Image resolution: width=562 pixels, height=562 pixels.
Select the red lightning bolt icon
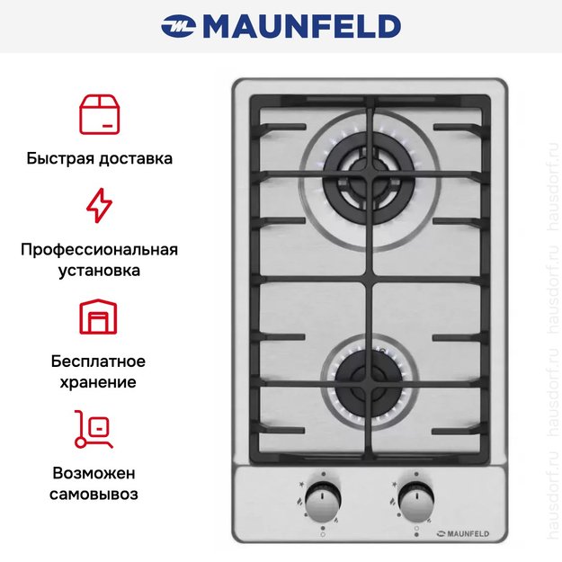99,204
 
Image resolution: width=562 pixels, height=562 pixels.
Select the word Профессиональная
99,249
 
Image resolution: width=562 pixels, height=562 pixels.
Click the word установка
99,270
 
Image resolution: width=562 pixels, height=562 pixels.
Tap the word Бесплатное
99,361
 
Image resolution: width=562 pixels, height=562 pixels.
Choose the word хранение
99,382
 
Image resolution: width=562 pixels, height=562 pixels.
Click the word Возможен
99,473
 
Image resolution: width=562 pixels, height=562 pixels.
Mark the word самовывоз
99,494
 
